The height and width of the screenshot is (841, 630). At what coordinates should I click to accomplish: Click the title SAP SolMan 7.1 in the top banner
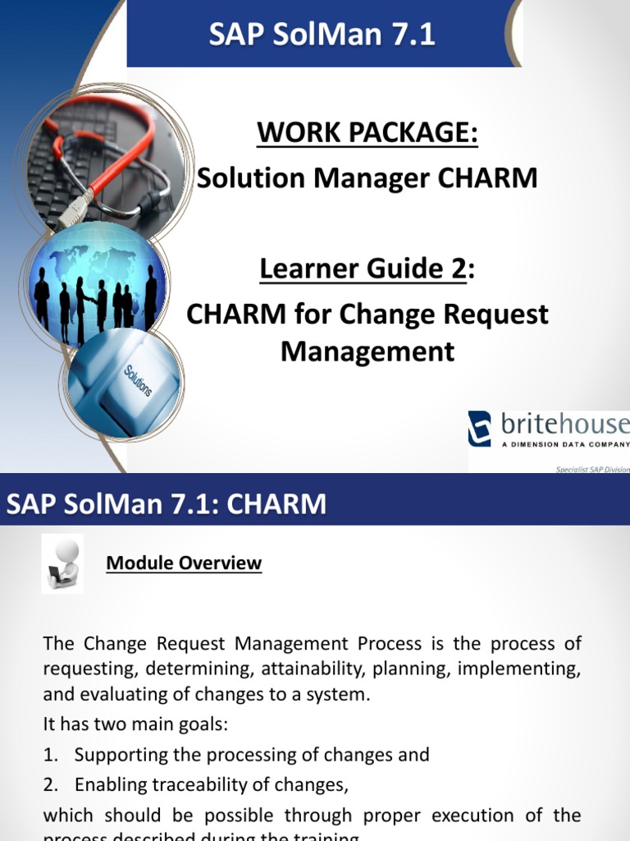322,34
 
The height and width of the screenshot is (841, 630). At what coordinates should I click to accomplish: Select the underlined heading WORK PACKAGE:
367,131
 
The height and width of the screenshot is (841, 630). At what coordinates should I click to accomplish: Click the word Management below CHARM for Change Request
367,352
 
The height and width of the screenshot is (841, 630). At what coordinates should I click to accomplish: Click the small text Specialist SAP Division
592,469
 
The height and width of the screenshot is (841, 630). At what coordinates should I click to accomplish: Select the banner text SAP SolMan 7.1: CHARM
167,503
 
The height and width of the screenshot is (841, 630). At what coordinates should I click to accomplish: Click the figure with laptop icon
62,565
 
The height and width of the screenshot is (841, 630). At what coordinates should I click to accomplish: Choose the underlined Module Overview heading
184,563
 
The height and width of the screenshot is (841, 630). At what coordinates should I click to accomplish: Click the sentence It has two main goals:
135,724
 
